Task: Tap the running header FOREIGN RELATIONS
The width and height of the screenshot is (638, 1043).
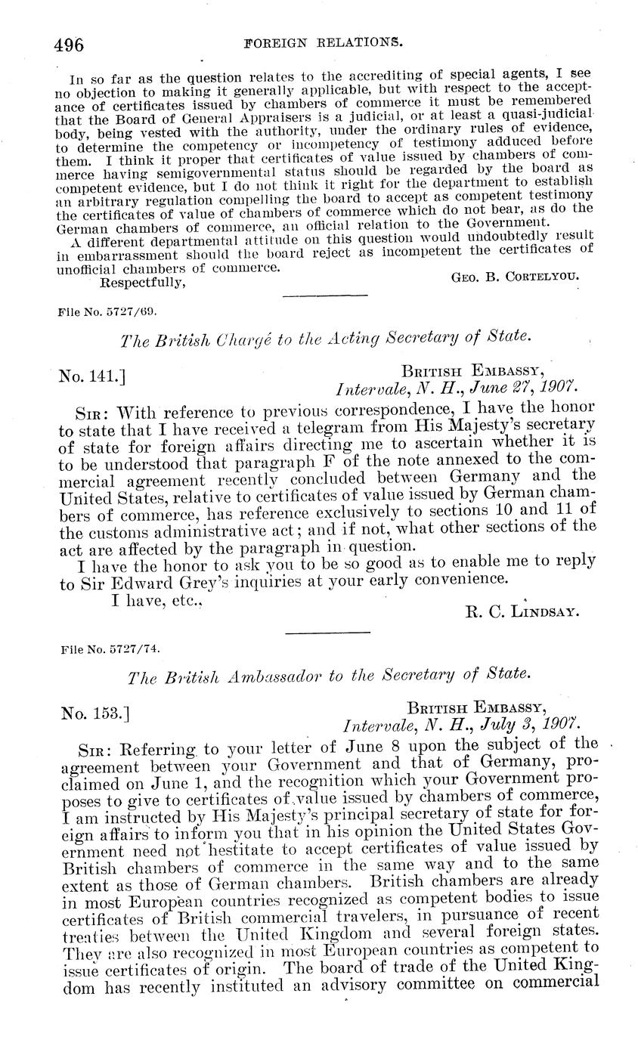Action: [324, 44]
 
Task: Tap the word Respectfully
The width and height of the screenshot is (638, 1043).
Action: [143, 283]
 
